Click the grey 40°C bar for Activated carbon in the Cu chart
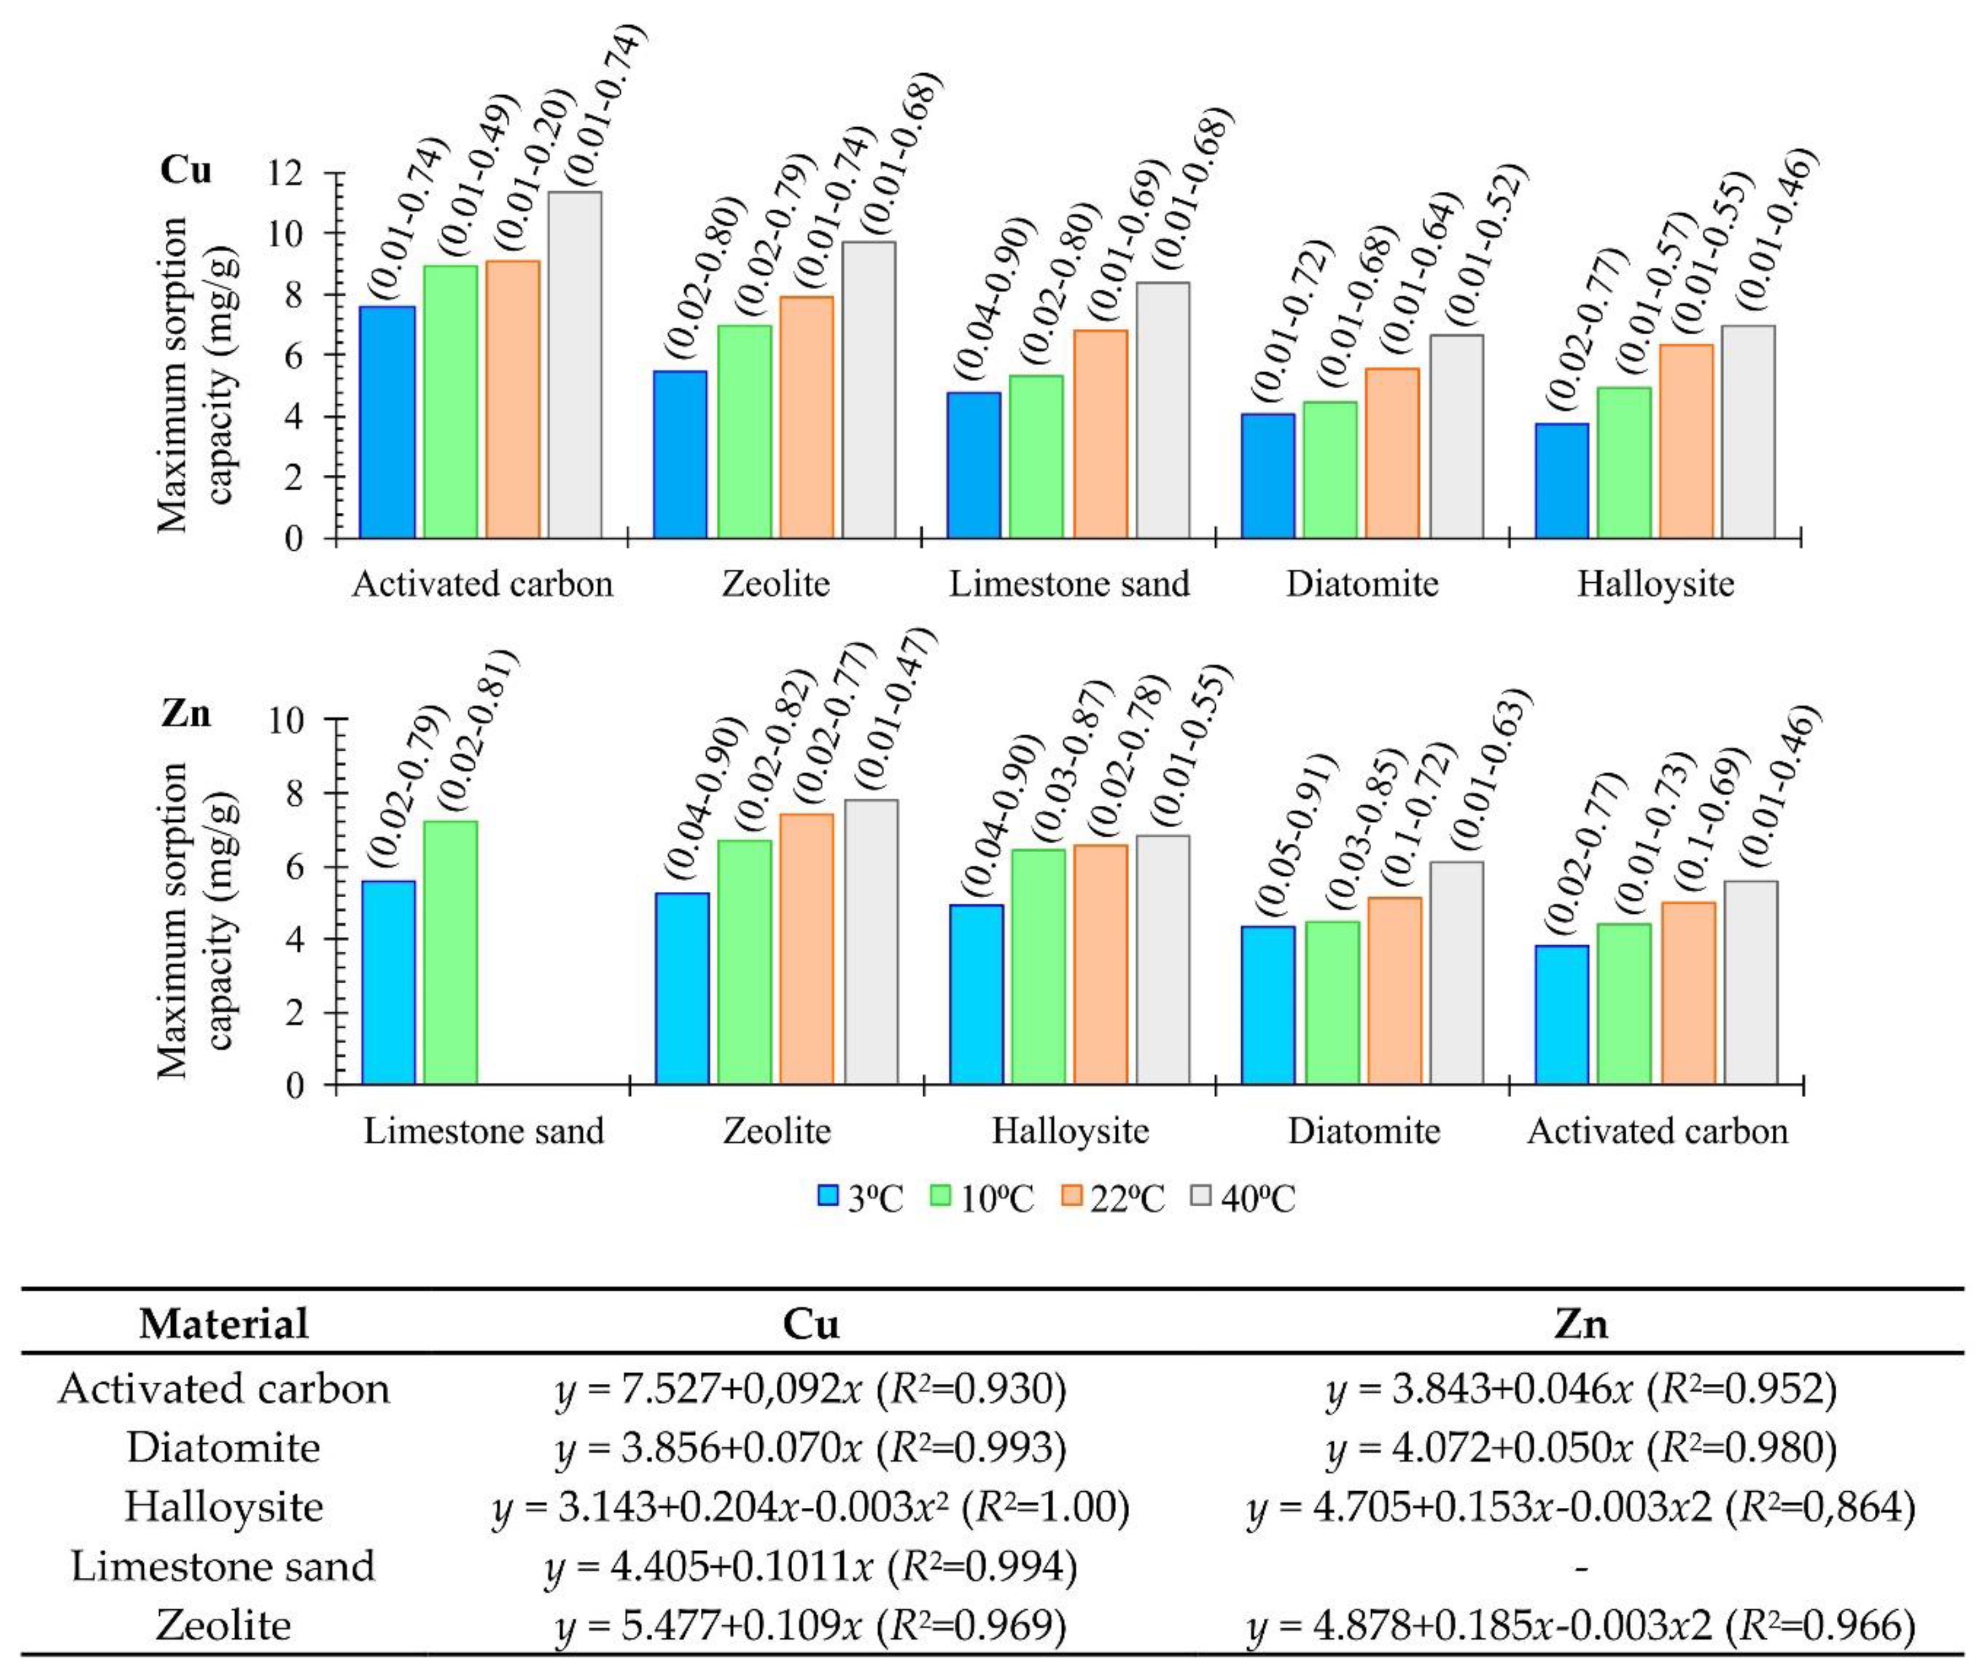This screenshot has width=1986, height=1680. point(574,366)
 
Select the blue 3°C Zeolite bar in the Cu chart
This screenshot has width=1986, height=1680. point(681,455)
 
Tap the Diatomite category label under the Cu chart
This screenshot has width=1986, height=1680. point(1362,583)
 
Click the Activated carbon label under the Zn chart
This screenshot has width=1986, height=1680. point(1658,1130)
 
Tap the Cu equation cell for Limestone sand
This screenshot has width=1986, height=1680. point(811,1567)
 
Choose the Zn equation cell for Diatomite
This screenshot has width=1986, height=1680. point(1581,1447)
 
